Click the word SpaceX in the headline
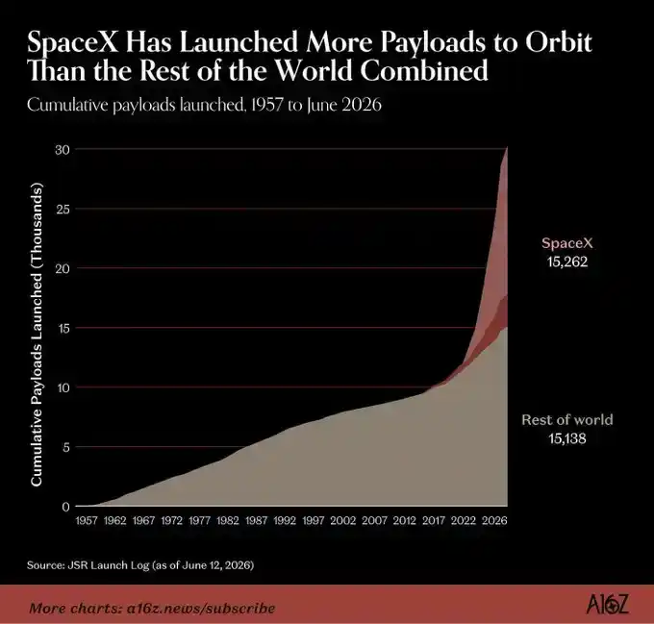coord(73,42)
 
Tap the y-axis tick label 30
coord(63,150)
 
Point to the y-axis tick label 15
coord(63,329)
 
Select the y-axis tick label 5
coord(65,448)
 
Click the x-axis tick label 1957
coord(87,520)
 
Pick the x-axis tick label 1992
coord(285,520)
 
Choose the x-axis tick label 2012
coord(405,520)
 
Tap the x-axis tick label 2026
coord(494,520)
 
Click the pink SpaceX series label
coord(567,242)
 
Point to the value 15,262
coord(567,262)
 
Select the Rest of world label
coord(567,419)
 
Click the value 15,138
coord(567,438)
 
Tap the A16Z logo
coord(607,605)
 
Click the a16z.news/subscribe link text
coord(201,609)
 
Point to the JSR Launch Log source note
coord(140,565)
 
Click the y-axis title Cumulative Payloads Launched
coord(37,334)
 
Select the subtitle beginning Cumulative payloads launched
coord(204,105)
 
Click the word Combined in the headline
coord(424,71)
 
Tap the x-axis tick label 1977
coord(199,520)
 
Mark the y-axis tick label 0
coord(66,507)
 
